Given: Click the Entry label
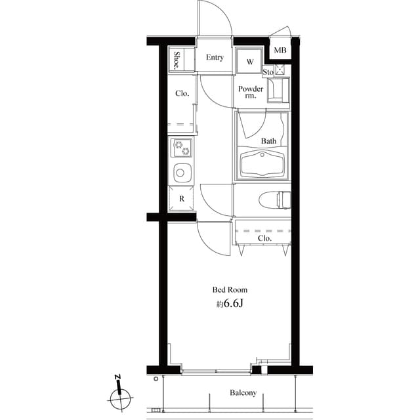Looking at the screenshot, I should coord(215,58).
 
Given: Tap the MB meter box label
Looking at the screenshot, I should coord(280,51).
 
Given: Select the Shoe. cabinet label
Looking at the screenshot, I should coord(177,60).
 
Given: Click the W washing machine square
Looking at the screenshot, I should coord(249,62).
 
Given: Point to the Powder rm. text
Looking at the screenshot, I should coord(251,93).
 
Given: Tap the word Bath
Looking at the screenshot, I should coord(269,141).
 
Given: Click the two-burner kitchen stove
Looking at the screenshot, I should coord(182,148).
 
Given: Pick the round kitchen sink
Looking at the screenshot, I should coord(181,173).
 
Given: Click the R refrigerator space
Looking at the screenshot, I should coord(181,198).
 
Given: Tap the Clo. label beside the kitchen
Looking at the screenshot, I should coord(182,94).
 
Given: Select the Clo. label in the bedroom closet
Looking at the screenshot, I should coord(264,239).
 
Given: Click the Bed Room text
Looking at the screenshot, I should coord(230,289).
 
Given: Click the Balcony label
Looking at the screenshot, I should coord(243,394).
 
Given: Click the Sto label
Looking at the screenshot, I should coord(268,71).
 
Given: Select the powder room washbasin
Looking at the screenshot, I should coord(278,90).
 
